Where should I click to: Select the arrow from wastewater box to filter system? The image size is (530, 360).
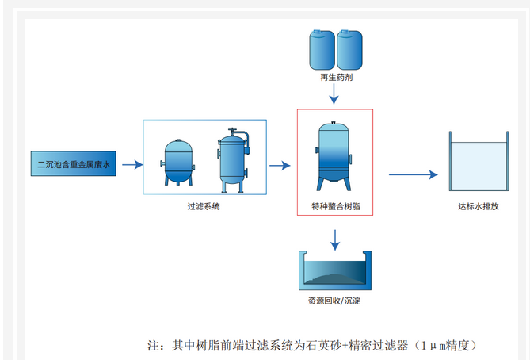[x=132, y=165]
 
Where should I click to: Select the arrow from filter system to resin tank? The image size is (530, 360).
[x=280, y=165]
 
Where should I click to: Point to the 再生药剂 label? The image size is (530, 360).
[x=334, y=79]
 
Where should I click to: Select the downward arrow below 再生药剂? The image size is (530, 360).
[x=334, y=94]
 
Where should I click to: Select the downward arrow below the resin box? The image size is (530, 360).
[x=335, y=237]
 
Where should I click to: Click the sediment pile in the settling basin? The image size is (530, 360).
[x=333, y=277]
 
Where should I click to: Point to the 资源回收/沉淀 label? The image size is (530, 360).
[x=334, y=301]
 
